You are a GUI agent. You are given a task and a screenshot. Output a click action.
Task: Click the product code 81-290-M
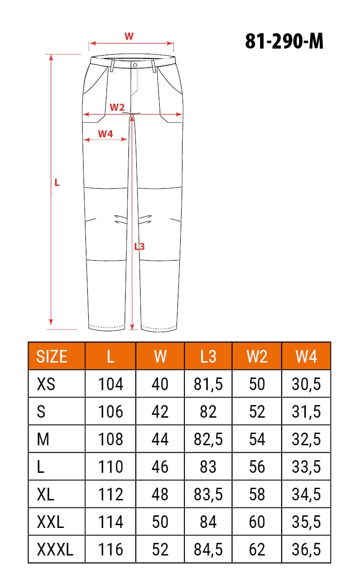[x=284, y=42]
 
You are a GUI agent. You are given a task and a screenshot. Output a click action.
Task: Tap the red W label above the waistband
[x=129, y=36]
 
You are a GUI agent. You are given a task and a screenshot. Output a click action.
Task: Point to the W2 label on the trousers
[x=117, y=107]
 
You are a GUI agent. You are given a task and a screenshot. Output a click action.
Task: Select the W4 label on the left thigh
[x=106, y=134]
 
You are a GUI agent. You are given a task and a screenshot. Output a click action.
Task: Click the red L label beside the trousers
[x=57, y=183]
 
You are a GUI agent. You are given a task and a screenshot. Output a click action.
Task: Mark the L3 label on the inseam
[x=139, y=246]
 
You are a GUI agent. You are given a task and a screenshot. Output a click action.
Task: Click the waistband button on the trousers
[x=134, y=65]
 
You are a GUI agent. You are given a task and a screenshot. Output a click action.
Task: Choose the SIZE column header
[x=52, y=356]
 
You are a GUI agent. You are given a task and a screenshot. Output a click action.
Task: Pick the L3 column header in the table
[x=208, y=356]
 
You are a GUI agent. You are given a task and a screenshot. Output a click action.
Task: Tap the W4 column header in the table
[x=306, y=356]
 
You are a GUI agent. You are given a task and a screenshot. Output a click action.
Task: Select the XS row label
[x=46, y=384]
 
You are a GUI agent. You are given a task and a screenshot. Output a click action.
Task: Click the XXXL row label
[x=55, y=549]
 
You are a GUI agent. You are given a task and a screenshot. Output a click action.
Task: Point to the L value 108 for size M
[x=111, y=439]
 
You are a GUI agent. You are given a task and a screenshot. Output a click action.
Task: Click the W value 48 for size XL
[x=160, y=494]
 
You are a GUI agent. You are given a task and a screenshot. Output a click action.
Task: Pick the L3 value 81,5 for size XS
[x=208, y=384]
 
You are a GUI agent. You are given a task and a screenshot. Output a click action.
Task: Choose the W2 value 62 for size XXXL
[x=257, y=549]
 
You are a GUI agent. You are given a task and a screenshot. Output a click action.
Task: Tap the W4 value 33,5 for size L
[x=306, y=467]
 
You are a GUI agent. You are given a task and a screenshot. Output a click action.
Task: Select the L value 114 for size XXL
[x=111, y=522]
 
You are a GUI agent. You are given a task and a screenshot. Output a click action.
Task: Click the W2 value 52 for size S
[x=257, y=412]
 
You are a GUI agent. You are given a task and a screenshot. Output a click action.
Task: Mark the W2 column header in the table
[x=257, y=356]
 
